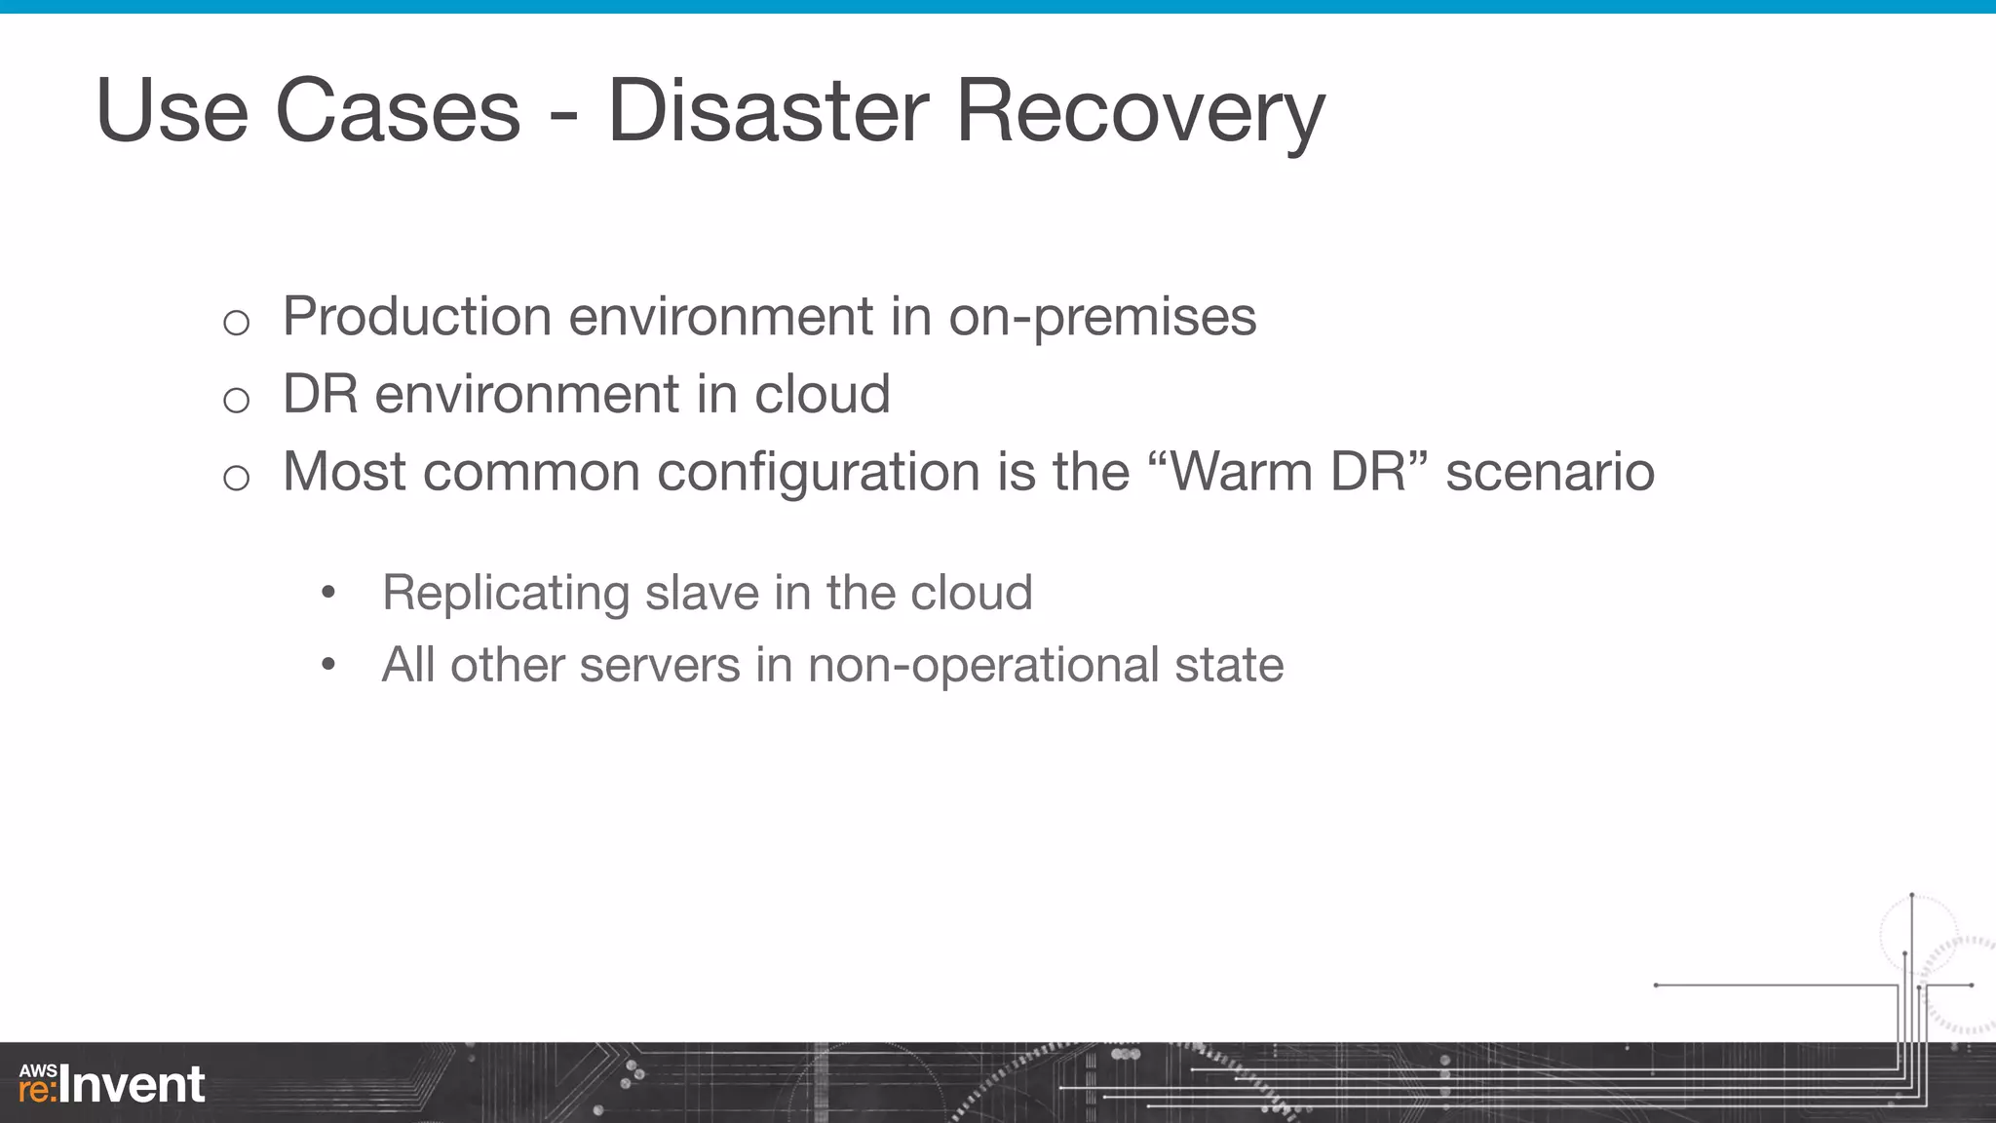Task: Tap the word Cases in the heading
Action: [x=398, y=111]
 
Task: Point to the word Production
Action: [x=417, y=316]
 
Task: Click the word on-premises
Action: [x=1102, y=318]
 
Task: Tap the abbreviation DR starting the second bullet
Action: [x=320, y=394]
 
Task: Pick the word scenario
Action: [x=1550, y=472]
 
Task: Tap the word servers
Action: [x=660, y=666]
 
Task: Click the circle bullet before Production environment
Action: [x=236, y=322]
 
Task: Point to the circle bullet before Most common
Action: [x=236, y=478]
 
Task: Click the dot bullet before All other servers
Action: [x=328, y=666]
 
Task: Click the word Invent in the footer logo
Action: [x=133, y=1085]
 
